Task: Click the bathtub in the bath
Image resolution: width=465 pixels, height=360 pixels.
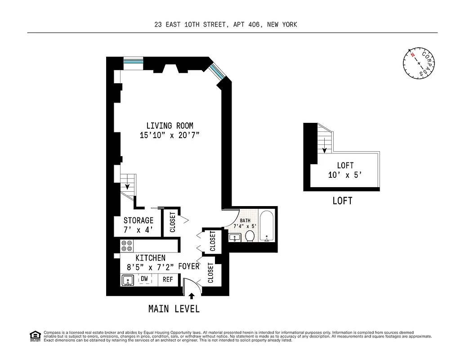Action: coord(267,226)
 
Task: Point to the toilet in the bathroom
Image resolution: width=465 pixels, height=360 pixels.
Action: coord(250,235)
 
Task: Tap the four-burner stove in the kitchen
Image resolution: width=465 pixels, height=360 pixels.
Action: coord(126,246)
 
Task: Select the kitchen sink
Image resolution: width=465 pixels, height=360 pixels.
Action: coord(128,280)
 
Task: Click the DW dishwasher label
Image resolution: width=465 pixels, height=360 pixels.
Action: coord(144,279)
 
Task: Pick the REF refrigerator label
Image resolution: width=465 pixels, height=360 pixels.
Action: coord(168,279)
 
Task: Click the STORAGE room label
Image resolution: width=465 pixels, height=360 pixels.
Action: coord(139,220)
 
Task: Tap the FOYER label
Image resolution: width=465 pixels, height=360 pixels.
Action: coord(188,266)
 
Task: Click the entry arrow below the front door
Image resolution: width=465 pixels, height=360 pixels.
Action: coord(192,296)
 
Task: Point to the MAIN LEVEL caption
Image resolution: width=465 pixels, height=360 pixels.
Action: coord(174,309)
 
